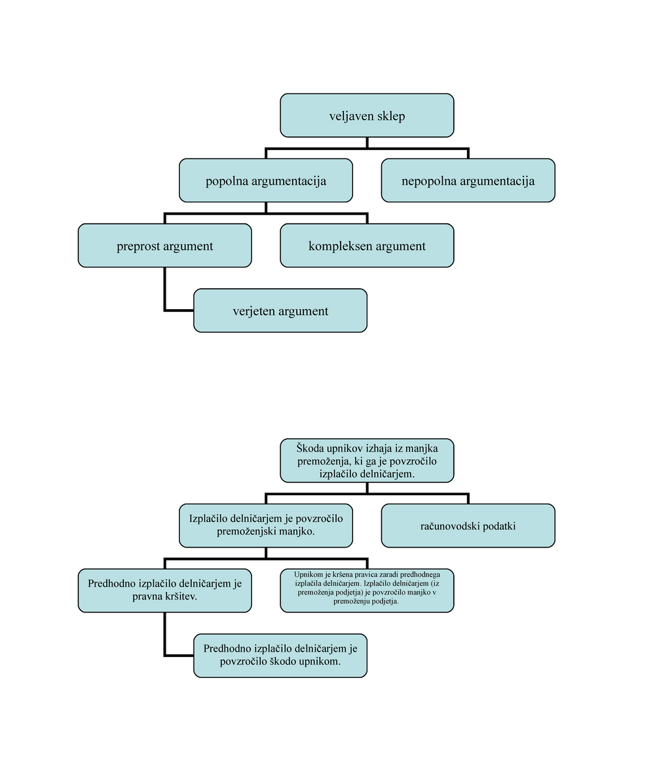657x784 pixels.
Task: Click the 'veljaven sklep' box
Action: point(367,115)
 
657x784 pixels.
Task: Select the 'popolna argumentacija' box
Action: point(265,181)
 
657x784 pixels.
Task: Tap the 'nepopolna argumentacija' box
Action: point(468,181)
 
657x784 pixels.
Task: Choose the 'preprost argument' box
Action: point(164,246)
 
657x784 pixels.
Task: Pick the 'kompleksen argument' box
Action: point(367,246)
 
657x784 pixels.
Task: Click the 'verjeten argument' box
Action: point(280,310)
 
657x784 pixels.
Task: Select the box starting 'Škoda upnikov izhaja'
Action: point(367,460)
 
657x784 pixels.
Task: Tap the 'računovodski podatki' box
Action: point(468,525)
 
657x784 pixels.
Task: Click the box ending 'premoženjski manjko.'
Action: point(265,525)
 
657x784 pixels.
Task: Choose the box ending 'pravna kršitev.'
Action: point(164,591)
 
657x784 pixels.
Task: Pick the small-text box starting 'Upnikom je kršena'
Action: point(367,591)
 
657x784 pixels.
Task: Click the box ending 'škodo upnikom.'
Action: point(280,656)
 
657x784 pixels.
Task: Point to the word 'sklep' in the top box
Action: point(391,117)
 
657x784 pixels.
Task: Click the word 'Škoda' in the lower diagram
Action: point(310,448)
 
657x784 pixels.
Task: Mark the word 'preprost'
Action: point(136,246)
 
